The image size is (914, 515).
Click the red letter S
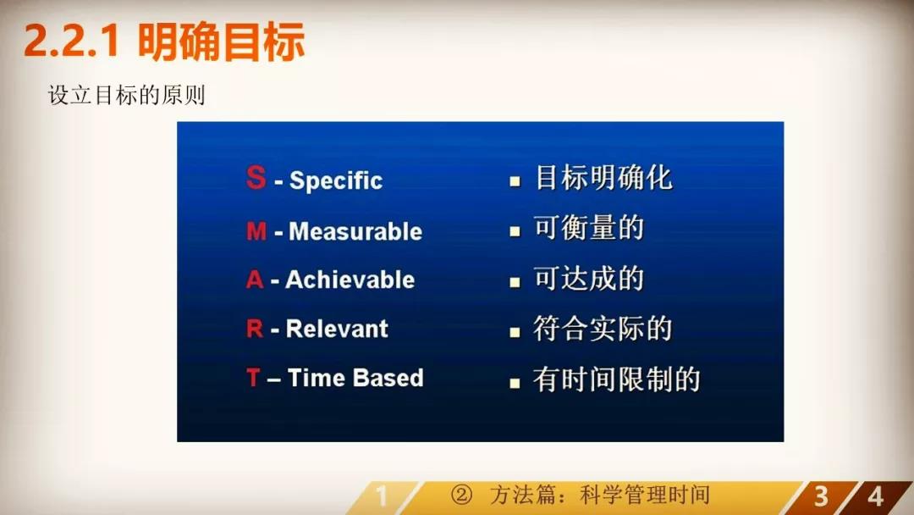click(x=256, y=177)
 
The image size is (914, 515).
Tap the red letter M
click(x=256, y=231)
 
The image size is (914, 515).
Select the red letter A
click(x=255, y=280)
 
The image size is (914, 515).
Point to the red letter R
click(x=255, y=329)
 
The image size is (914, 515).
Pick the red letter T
click(x=253, y=377)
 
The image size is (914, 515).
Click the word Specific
click(x=336, y=180)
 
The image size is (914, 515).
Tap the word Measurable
click(x=355, y=231)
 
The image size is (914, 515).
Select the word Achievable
click(x=350, y=280)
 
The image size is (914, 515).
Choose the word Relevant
click(x=337, y=329)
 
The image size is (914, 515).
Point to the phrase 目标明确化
click(x=603, y=178)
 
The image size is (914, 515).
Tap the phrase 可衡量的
click(x=589, y=228)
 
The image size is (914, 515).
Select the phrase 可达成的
click(x=589, y=278)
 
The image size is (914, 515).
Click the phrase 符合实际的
click(x=603, y=329)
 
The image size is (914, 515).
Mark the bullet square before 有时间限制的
click(x=515, y=383)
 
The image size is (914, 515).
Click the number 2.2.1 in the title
click(x=72, y=41)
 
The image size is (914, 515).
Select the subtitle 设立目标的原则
click(x=126, y=95)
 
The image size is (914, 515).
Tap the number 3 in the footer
click(x=821, y=497)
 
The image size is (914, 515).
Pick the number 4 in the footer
click(x=876, y=497)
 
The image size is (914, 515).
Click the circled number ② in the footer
click(x=462, y=496)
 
